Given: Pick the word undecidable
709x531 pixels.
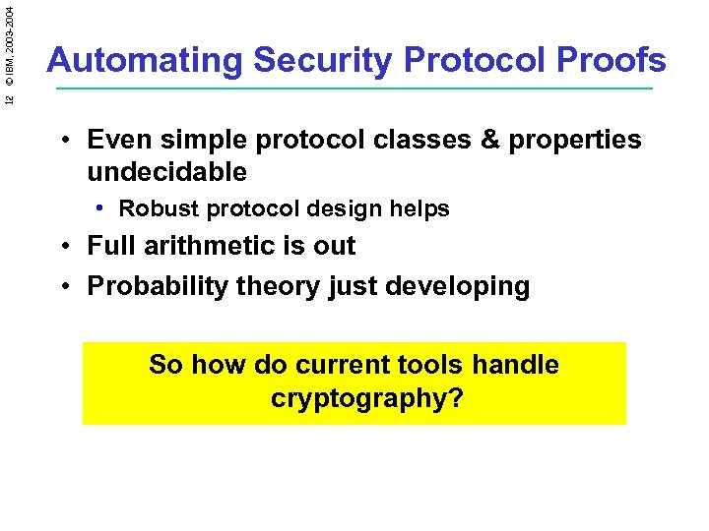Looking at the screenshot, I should pyautogui.click(x=166, y=172).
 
